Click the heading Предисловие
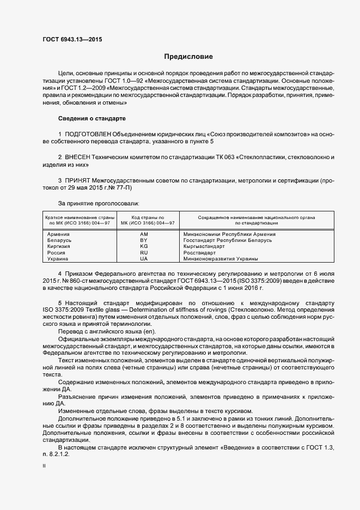coord(189,57)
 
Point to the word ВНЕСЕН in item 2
coord(81,157)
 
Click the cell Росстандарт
coord(200,253)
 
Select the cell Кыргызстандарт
coord(204,246)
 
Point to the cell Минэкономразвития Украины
coord(221,259)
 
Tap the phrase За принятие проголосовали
coord(93,203)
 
